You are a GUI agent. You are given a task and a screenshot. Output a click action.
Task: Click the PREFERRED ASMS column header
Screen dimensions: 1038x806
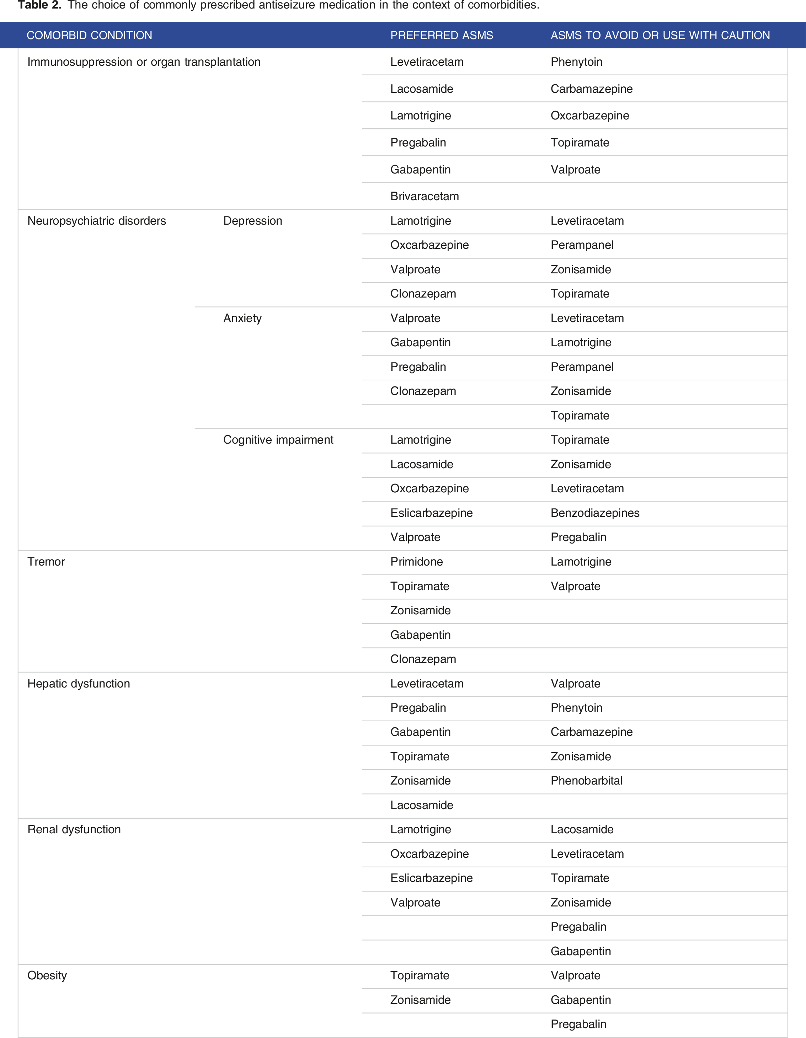point(442,35)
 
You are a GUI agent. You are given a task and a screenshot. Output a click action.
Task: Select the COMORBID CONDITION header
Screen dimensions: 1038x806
point(89,35)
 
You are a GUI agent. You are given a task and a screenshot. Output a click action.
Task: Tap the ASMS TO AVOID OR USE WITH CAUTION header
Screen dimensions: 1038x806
point(660,35)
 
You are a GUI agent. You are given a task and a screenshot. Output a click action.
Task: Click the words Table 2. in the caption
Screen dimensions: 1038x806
point(39,5)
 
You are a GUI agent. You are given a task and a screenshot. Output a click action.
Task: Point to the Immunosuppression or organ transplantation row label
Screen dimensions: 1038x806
point(144,62)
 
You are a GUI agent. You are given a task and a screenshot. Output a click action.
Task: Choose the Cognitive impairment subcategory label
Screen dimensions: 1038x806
point(278,440)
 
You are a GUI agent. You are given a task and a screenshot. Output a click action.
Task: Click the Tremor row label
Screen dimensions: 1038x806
point(46,561)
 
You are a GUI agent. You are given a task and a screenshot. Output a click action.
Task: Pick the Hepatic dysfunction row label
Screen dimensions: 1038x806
point(79,684)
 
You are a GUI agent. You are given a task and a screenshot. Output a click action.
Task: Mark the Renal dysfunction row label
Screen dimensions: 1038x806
point(74,829)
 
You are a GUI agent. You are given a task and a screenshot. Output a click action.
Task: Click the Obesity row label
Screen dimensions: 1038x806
point(47,975)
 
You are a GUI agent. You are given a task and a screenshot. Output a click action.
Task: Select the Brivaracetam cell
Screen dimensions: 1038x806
point(425,196)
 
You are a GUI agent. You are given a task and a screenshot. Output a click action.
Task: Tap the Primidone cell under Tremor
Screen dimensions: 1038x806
point(416,561)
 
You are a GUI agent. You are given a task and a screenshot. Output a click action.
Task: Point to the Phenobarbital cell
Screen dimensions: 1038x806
point(586,780)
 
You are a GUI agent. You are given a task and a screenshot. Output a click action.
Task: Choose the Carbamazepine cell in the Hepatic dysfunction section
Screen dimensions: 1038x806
point(592,732)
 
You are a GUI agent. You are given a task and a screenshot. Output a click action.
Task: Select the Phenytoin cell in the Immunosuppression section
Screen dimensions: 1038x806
point(576,62)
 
